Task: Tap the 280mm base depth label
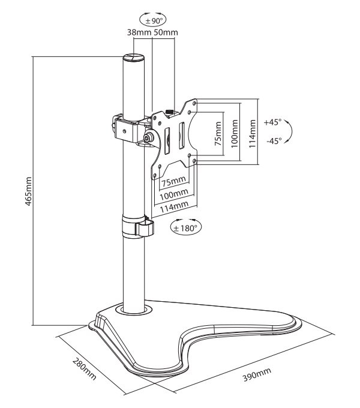pos(84,370)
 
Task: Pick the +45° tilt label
pos(272,122)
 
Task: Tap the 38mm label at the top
pos(137,32)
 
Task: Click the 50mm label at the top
pos(166,32)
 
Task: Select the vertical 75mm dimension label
pos(218,134)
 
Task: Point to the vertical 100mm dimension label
pos(235,133)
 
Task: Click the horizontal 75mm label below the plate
pos(173,181)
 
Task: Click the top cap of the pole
pos(134,58)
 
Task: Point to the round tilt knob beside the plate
pos(148,138)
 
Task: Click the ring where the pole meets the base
pos(134,310)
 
